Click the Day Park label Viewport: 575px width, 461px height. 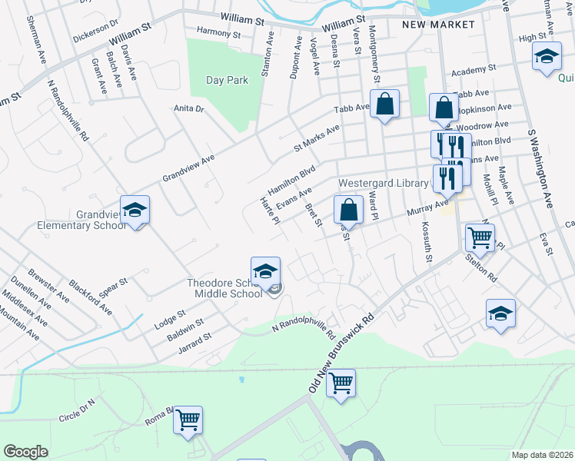tap(227, 80)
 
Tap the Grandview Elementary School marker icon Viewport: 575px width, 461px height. tap(135, 211)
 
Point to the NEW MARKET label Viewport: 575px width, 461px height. tap(438, 25)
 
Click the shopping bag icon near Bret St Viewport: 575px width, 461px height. tap(349, 210)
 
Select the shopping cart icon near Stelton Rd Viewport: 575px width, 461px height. tap(480, 240)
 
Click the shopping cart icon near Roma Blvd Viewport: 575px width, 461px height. tap(188, 420)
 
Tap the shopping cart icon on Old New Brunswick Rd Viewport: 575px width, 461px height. tap(341, 383)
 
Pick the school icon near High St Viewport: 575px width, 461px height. tap(547, 57)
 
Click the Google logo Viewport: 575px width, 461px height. tap(25, 452)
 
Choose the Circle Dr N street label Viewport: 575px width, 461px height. tap(76, 410)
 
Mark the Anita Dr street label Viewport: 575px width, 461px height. tap(189, 109)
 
